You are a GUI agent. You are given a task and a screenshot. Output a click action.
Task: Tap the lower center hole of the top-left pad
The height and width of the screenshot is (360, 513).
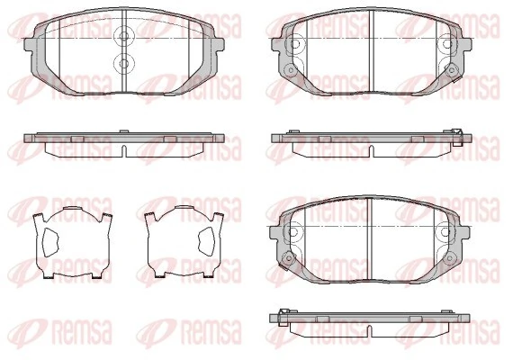(123, 63)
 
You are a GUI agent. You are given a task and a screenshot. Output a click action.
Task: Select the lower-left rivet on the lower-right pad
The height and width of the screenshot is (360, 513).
(288, 259)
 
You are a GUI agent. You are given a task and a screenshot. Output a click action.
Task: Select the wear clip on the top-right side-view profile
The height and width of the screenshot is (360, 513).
(457, 135)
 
